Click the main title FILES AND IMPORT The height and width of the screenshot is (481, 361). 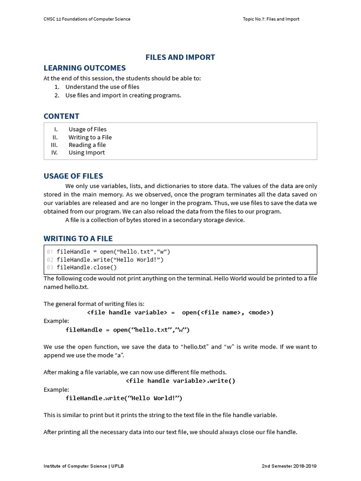pos(180,57)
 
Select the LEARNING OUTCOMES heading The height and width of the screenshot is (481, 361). pos(85,68)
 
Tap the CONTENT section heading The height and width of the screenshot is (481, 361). pos(62,116)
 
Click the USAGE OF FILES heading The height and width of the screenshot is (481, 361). pos(73,176)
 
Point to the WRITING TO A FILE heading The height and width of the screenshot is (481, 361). pos(78,238)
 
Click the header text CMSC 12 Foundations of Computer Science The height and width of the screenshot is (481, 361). pos(87,19)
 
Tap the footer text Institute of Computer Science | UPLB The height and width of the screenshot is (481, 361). pos(84,466)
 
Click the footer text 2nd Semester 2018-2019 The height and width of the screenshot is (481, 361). pos(289,466)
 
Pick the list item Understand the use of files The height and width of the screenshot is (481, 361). pos(102,87)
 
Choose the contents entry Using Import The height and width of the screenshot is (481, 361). pos(86,153)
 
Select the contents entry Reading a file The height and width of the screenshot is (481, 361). pos(87,145)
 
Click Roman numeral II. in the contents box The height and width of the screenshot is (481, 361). pos(55,137)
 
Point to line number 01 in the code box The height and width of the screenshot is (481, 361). pos(50,252)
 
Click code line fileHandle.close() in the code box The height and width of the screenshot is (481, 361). pos(86,267)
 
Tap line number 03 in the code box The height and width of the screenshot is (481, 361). pos(50,267)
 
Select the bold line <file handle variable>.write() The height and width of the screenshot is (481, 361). pos(180,381)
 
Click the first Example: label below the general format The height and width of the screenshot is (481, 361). pos(56,321)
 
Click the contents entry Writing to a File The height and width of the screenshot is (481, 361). pos(90,137)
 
